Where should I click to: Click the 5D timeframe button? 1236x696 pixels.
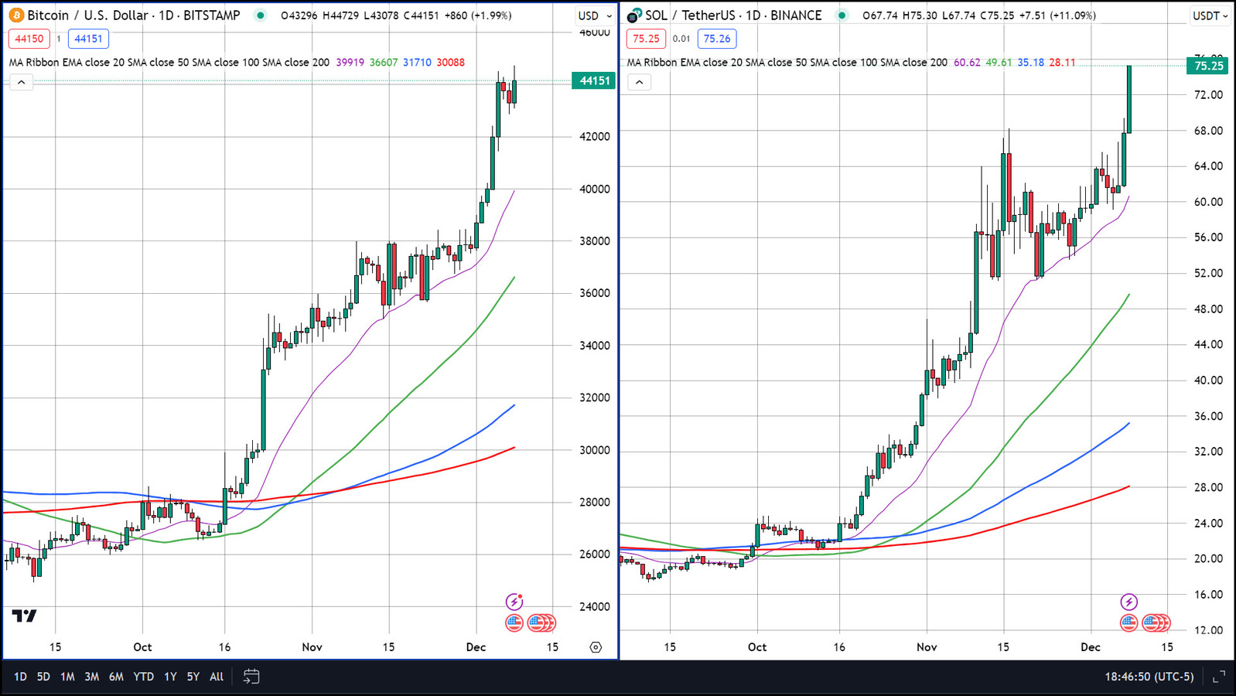coord(43,677)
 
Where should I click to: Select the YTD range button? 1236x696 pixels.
coord(143,677)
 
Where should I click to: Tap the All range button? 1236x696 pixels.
coord(217,677)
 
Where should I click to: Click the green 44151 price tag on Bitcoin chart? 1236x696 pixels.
coord(594,80)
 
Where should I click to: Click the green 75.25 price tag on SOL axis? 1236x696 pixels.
coord(1208,66)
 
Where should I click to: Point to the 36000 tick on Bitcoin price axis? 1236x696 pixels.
coord(594,293)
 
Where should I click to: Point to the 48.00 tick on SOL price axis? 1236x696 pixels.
coord(1208,309)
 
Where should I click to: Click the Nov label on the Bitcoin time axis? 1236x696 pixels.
coord(312,647)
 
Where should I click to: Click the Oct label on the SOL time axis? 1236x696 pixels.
coord(757,647)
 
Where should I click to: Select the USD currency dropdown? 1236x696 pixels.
coord(594,15)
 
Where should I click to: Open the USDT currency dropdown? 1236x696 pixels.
coord(1210,15)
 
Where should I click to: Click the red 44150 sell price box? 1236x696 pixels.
coord(29,39)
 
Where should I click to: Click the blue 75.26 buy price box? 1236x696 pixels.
coord(717,39)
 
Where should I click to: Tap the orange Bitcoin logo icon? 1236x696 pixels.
coord(16,15)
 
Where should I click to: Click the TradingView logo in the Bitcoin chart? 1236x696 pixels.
coord(24,616)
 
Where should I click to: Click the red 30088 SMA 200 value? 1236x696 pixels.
coord(450,63)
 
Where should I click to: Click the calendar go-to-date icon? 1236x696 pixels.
coord(251,677)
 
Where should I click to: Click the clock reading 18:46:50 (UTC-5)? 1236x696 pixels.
coord(1149,677)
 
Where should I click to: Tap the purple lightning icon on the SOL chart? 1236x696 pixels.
coord(1128,602)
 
